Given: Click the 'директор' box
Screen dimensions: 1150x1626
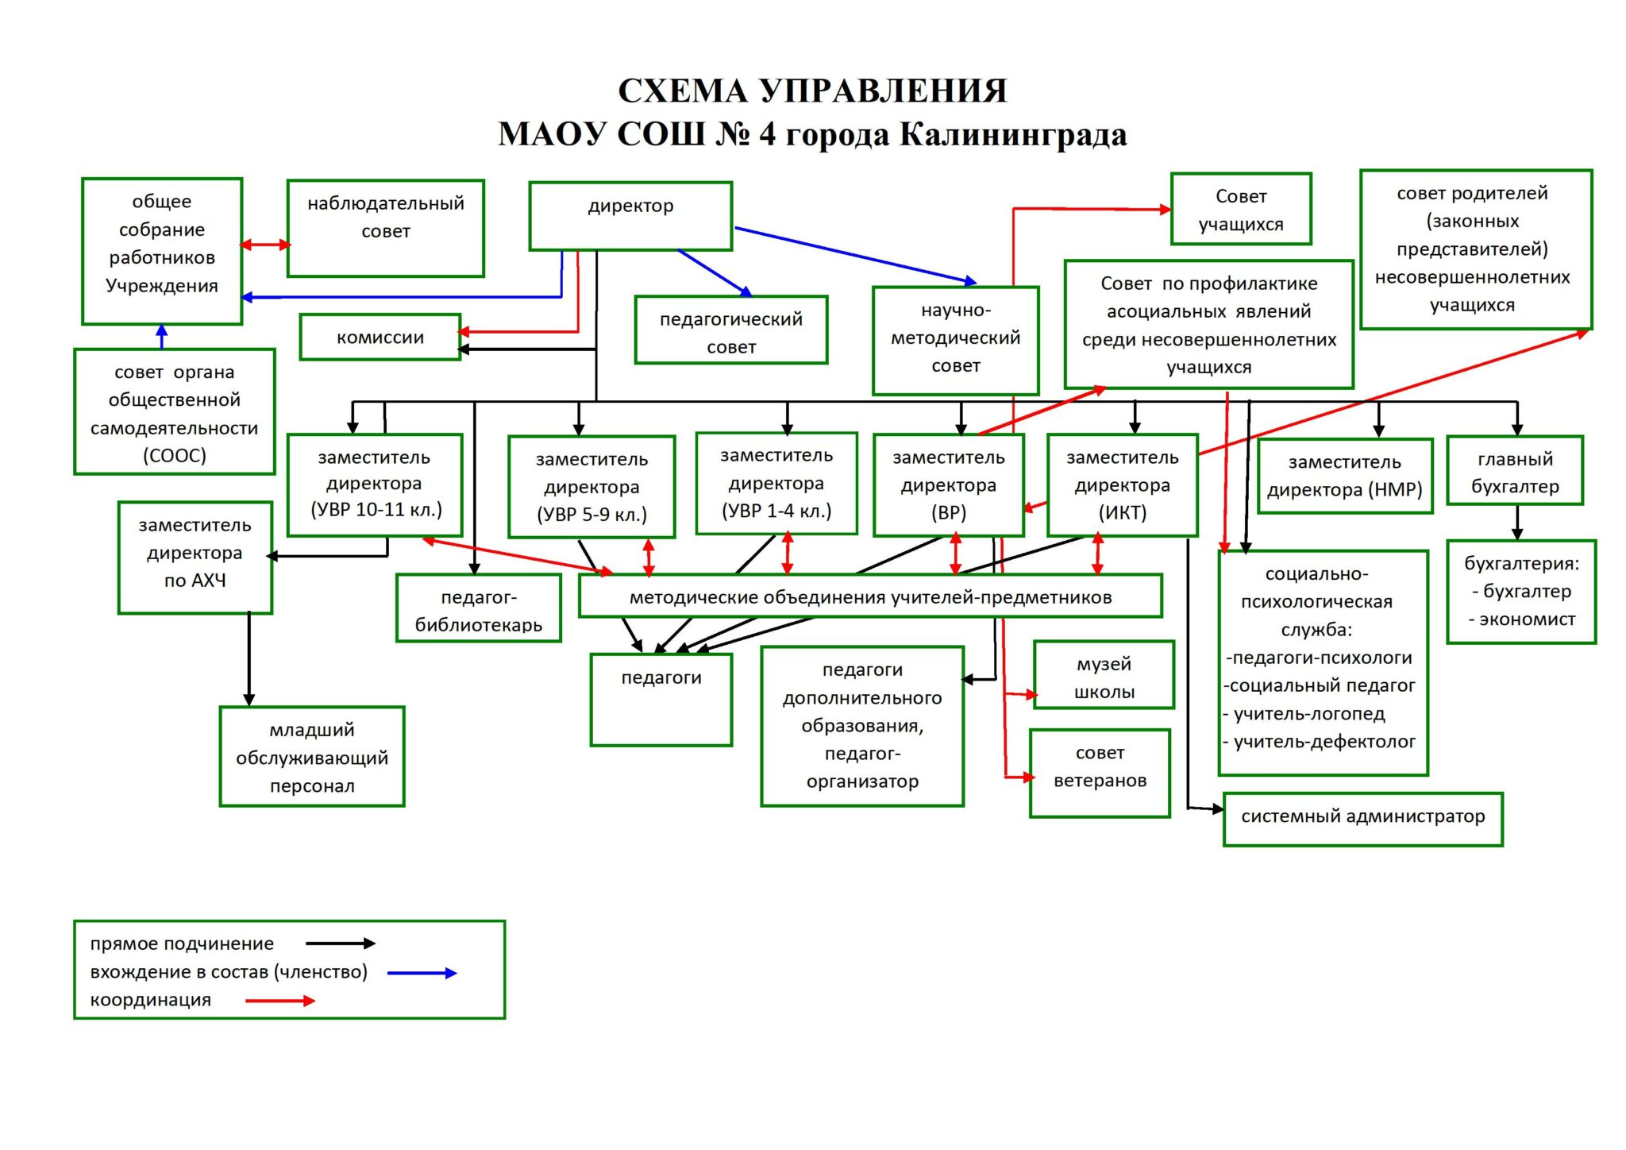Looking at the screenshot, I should (x=630, y=216).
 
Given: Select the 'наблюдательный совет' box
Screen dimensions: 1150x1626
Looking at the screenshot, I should (x=386, y=228).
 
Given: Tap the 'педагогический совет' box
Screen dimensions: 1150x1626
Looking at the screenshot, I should (x=730, y=330).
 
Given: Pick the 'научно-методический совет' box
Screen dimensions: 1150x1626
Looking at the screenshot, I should (x=955, y=340).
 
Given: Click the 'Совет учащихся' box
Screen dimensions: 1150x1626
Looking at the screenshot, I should (x=1240, y=210).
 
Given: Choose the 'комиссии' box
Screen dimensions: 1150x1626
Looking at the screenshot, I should (x=380, y=338).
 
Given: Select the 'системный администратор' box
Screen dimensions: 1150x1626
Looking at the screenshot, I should (x=1362, y=819).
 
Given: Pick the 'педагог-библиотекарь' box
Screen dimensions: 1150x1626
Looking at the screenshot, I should (x=478, y=609).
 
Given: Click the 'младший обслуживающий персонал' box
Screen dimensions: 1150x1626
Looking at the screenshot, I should (x=312, y=757).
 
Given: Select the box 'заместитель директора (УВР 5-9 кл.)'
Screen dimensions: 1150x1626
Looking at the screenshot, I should (x=591, y=487).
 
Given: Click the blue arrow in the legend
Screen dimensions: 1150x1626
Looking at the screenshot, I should (x=422, y=973).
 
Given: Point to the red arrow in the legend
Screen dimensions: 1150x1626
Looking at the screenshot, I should (x=280, y=1001).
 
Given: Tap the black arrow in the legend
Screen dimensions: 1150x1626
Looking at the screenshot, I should (x=340, y=944).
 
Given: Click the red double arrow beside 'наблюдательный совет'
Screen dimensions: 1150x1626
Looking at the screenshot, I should (x=265, y=245).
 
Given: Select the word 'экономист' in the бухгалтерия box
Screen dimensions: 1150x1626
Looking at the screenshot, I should (x=1527, y=619).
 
